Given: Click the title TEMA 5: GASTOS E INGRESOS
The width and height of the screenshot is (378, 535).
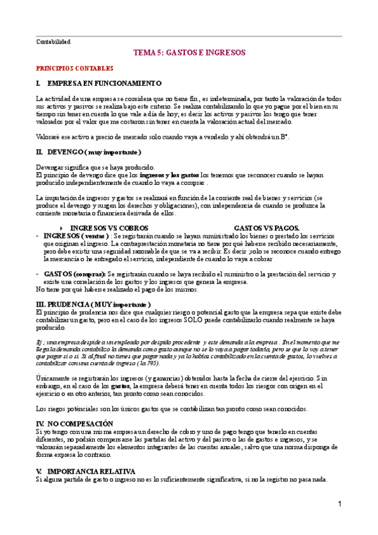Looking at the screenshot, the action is tap(189, 53).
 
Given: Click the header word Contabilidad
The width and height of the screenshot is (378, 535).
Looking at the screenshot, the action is tap(53, 42).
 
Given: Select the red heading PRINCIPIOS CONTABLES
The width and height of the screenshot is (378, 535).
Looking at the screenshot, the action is tap(74, 68).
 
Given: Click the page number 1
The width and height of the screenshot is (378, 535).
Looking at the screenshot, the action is tap(340, 504).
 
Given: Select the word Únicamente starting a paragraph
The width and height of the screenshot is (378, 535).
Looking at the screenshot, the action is tap(53, 377).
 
